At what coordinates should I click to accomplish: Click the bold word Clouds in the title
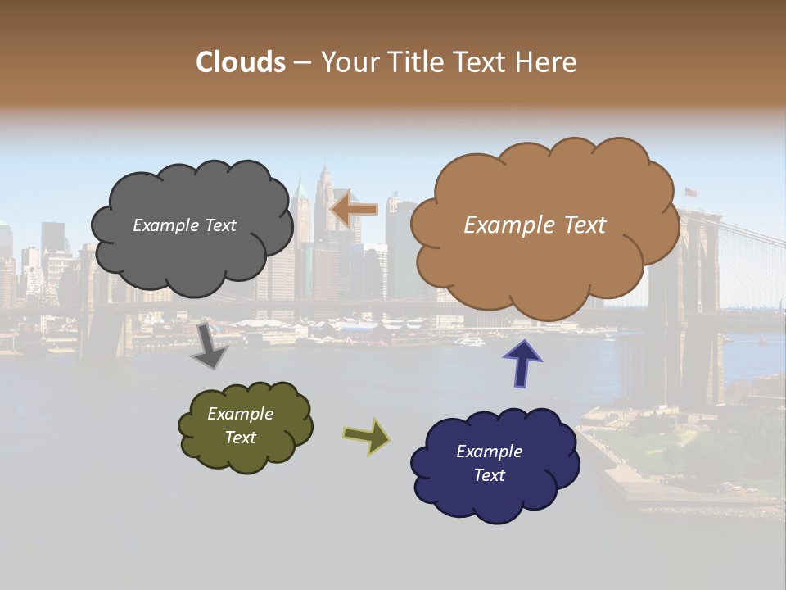click(x=241, y=62)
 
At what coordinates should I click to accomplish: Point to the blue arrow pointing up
click(x=522, y=362)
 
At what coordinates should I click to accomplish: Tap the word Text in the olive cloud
click(x=241, y=438)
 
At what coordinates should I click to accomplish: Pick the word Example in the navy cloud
click(x=489, y=452)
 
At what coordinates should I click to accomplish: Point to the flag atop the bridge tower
click(x=691, y=193)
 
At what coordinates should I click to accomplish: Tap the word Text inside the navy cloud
click(x=489, y=475)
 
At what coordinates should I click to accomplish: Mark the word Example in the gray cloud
click(x=166, y=225)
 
